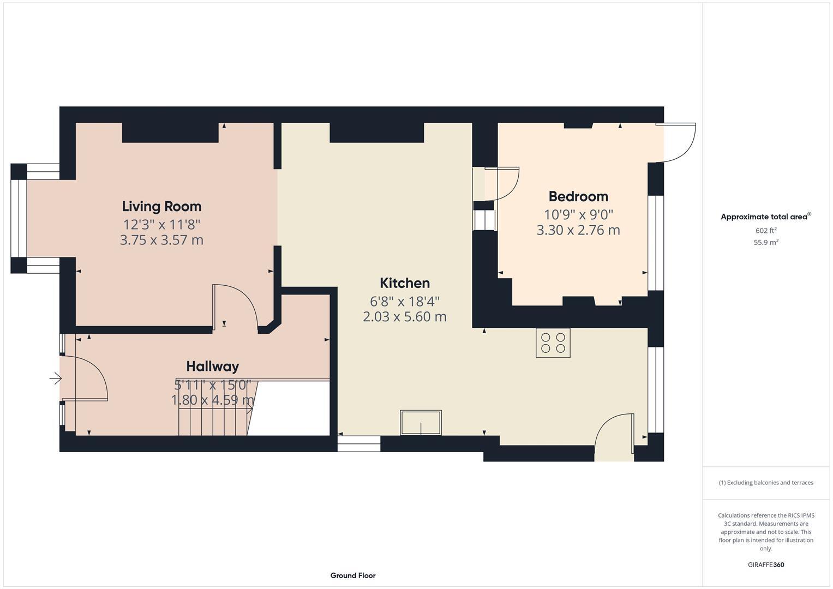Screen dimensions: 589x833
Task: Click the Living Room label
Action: coord(161,206)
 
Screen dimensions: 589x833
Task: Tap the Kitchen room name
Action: coord(404,283)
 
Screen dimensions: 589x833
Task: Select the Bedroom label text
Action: coord(578,196)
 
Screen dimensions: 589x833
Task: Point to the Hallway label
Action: coord(212,366)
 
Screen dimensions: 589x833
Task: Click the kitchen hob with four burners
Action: coord(553,343)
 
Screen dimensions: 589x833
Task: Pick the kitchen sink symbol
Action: coord(421,423)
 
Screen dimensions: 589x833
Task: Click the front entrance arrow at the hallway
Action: coord(55,378)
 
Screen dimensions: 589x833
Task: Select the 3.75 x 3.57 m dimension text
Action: coord(161,240)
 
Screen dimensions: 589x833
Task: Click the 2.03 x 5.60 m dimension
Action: coord(404,317)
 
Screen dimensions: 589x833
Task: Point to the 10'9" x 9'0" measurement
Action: coord(578,214)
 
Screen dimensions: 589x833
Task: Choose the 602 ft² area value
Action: coord(765,231)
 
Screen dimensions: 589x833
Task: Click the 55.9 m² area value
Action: coord(765,243)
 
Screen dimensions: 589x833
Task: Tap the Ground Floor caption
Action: coord(352,575)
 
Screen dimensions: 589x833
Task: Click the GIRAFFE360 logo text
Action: coord(765,564)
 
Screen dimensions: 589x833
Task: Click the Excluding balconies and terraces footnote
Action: coord(765,483)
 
